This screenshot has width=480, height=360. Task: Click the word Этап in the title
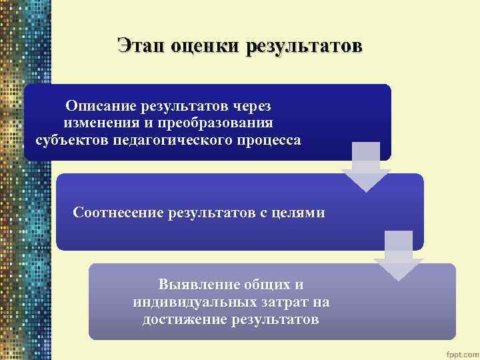pyautogui.click(x=141, y=46)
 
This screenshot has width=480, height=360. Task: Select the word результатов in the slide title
pyautogui.click(x=304, y=46)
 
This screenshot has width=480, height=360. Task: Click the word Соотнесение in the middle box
pyautogui.click(x=119, y=213)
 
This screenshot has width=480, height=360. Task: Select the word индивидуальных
pyautogui.click(x=189, y=303)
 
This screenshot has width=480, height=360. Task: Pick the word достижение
pyautogui.click(x=184, y=320)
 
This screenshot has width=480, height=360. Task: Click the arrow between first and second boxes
pyautogui.click(x=365, y=167)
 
